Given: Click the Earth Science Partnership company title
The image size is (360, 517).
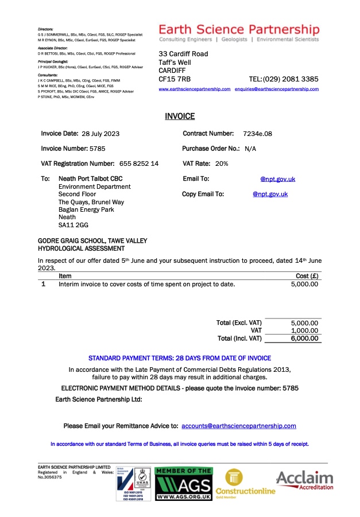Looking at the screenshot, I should point(239,29).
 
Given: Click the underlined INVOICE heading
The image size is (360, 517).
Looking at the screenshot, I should point(180,116).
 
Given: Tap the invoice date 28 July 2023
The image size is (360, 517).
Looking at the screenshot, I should point(100,134).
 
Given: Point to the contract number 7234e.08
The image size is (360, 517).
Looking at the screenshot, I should point(257,134).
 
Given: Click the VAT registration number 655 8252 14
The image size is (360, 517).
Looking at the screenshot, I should point(139,164).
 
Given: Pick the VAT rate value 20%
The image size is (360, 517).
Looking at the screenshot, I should point(221,164).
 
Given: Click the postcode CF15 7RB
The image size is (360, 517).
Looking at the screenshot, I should point(175,79).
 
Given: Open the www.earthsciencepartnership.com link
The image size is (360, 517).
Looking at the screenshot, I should point(195,90).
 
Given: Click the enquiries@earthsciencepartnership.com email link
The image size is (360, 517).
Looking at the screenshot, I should point(277,90).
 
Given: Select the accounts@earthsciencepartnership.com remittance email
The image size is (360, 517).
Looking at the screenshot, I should point(238,426).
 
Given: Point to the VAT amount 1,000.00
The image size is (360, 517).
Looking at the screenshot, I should point(304,331).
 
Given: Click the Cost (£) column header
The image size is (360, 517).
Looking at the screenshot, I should point(307,276).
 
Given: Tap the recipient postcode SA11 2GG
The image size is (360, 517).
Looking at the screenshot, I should point(73,226).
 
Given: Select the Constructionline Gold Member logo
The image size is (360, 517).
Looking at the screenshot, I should point(249,482).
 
